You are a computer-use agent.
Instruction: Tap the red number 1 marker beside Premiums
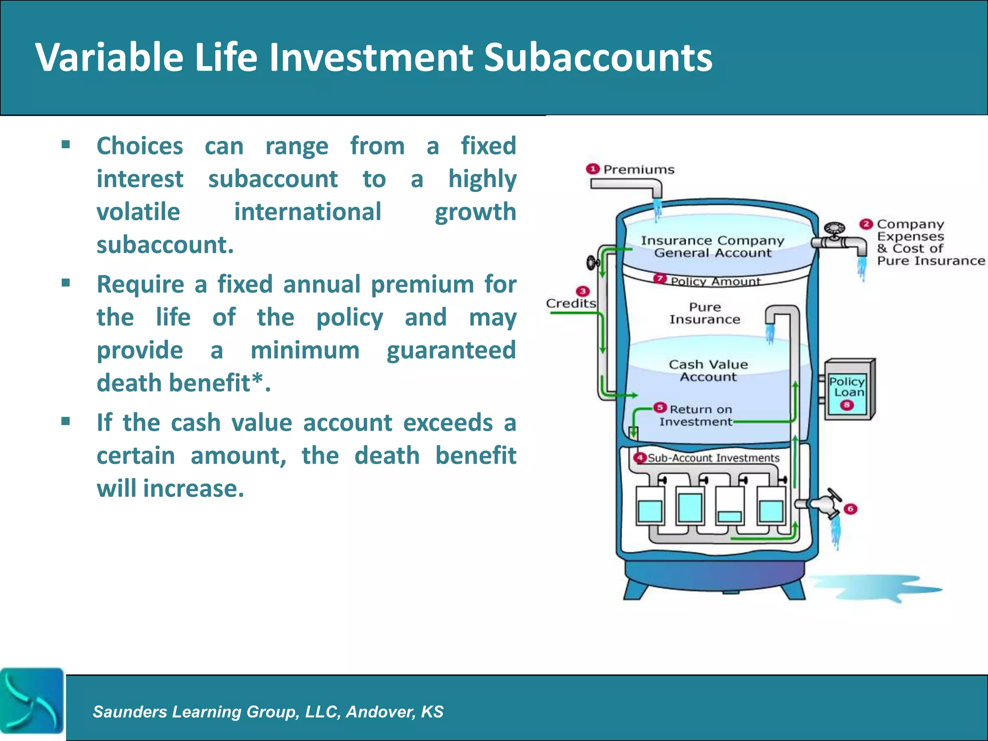coord(592,169)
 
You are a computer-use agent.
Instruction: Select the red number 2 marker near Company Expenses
coord(866,224)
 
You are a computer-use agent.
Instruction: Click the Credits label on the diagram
coord(571,303)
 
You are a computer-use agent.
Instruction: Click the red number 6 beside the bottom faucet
coord(851,509)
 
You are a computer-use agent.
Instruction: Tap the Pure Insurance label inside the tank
coord(704,313)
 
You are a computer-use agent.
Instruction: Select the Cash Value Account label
coord(708,370)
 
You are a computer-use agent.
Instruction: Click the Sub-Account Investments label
coord(713,458)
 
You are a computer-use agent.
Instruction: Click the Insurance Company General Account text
coord(712,247)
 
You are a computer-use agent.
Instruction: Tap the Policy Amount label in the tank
coord(715,281)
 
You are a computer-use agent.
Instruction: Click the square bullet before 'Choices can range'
coord(66,144)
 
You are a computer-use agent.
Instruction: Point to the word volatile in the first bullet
coord(138,212)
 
